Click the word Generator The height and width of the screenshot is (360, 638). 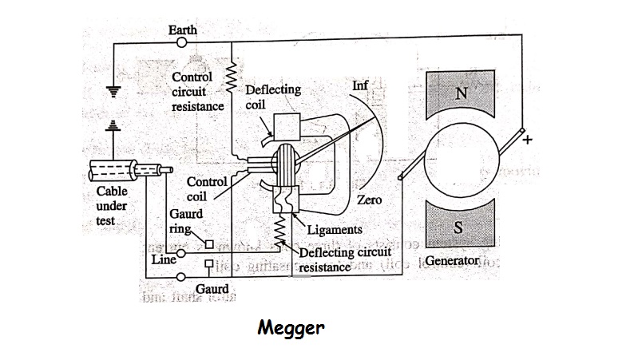pyautogui.click(x=453, y=261)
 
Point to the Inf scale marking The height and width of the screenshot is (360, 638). pyautogui.click(x=360, y=85)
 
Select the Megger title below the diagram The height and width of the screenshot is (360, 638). pyautogui.click(x=291, y=328)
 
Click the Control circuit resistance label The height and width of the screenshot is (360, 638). pyautogui.click(x=192, y=91)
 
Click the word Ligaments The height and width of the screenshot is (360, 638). pyautogui.click(x=335, y=230)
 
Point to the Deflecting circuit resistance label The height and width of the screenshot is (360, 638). pyautogui.click(x=343, y=259)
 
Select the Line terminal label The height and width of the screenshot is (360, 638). pyautogui.click(x=163, y=259)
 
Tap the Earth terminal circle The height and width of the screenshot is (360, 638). pyautogui.click(x=182, y=44)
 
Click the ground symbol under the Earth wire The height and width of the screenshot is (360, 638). pyautogui.click(x=113, y=91)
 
